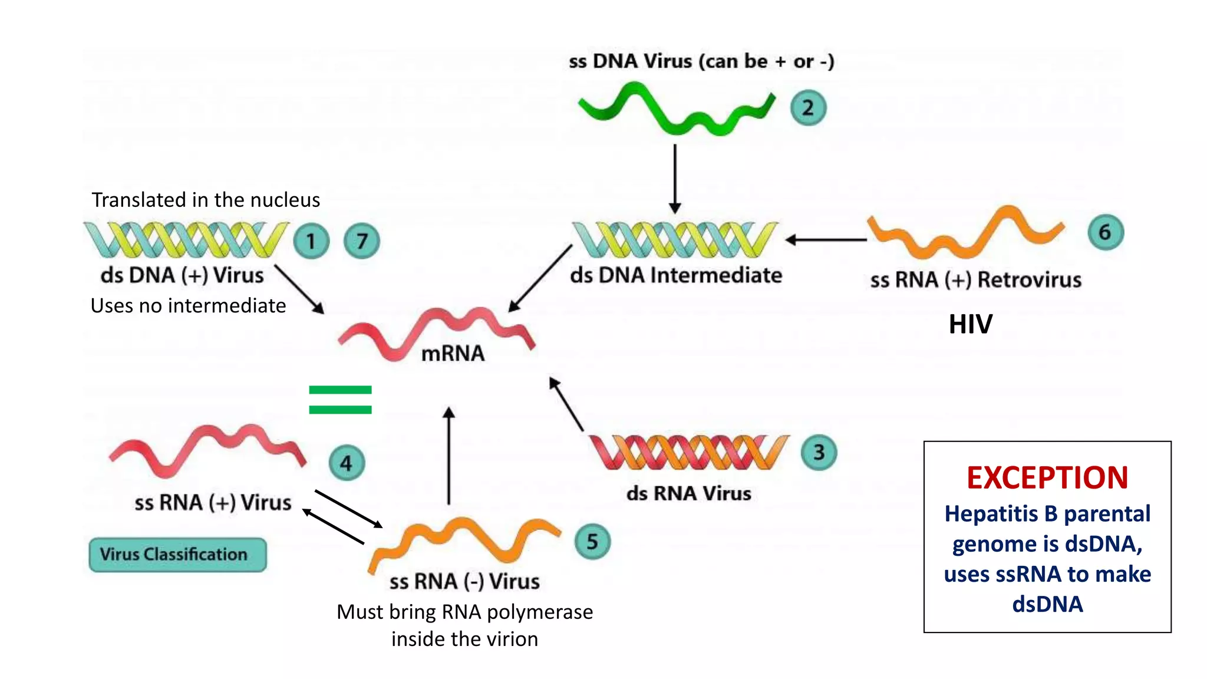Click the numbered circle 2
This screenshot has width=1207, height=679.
[808, 108]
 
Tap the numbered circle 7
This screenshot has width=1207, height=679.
[362, 241]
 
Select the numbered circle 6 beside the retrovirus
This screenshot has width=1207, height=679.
[1105, 232]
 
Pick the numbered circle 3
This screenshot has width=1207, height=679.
[819, 452]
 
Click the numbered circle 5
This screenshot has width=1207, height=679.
[592, 541]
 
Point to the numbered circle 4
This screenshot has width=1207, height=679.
[347, 463]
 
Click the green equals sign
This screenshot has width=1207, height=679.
[340, 400]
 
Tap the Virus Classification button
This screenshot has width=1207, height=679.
[177, 554]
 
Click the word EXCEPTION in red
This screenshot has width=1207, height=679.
[1047, 477]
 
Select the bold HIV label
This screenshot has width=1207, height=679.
[970, 324]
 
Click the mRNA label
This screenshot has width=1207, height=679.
[453, 354]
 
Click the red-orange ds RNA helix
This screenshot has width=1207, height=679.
[688, 452]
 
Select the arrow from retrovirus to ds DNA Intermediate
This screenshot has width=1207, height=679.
[826, 240]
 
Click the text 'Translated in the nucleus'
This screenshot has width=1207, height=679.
[206, 200]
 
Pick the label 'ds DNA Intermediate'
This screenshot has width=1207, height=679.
[675, 275]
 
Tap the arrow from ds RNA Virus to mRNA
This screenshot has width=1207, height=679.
[566, 404]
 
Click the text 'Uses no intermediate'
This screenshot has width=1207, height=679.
[188, 306]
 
